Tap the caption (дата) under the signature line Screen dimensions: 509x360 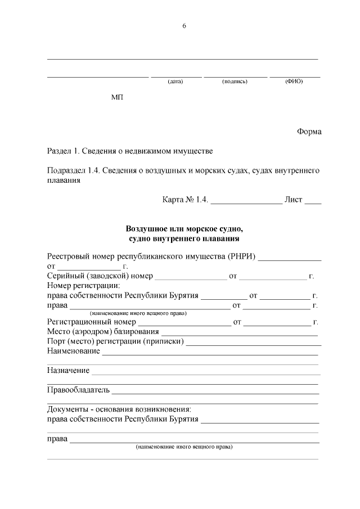pyautogui.click(x=175, y=82)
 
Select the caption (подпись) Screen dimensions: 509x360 pyautogui.click(x=235, y=82)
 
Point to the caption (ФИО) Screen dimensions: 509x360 pyautogui.click(x=294, y=82)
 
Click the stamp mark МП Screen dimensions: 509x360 pyautogui.click(x=117, y=97)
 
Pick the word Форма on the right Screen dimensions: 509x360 pyautogui.click(x=309, y=132)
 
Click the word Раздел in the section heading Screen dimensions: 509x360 pyautogui.click(x=59, y=151)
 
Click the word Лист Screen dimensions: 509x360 pyautogui.click(x=294, y=200)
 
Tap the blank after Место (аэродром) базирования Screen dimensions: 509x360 pyautogui.click(x=240, y=333)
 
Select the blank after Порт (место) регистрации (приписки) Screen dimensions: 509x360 pyautogui.click(x=254, y=343)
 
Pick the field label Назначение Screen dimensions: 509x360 pyautogui.click(x=68, y=371)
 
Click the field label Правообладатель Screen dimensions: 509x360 pyautogui.click(x=78, y=390)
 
